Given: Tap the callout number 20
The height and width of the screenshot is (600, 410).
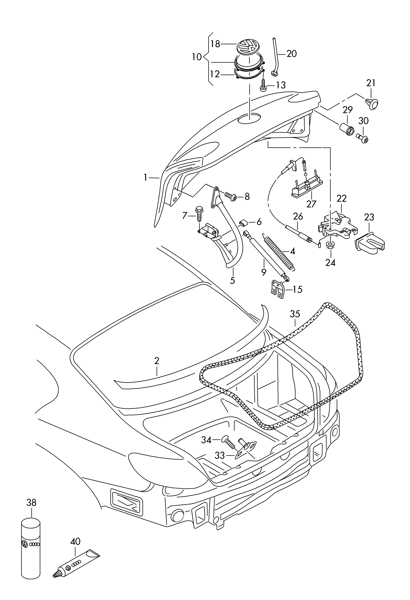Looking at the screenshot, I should pyautogui.click(x=292, y=54).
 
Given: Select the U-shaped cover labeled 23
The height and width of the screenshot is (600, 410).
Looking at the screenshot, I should pyautogui.click(x=370, y=243).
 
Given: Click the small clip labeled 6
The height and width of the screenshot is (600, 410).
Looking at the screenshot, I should pyautogui.click(x=244, y=222).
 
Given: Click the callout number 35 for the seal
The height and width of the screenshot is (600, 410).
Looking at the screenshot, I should pyautogui.click(x=295, y=314).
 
